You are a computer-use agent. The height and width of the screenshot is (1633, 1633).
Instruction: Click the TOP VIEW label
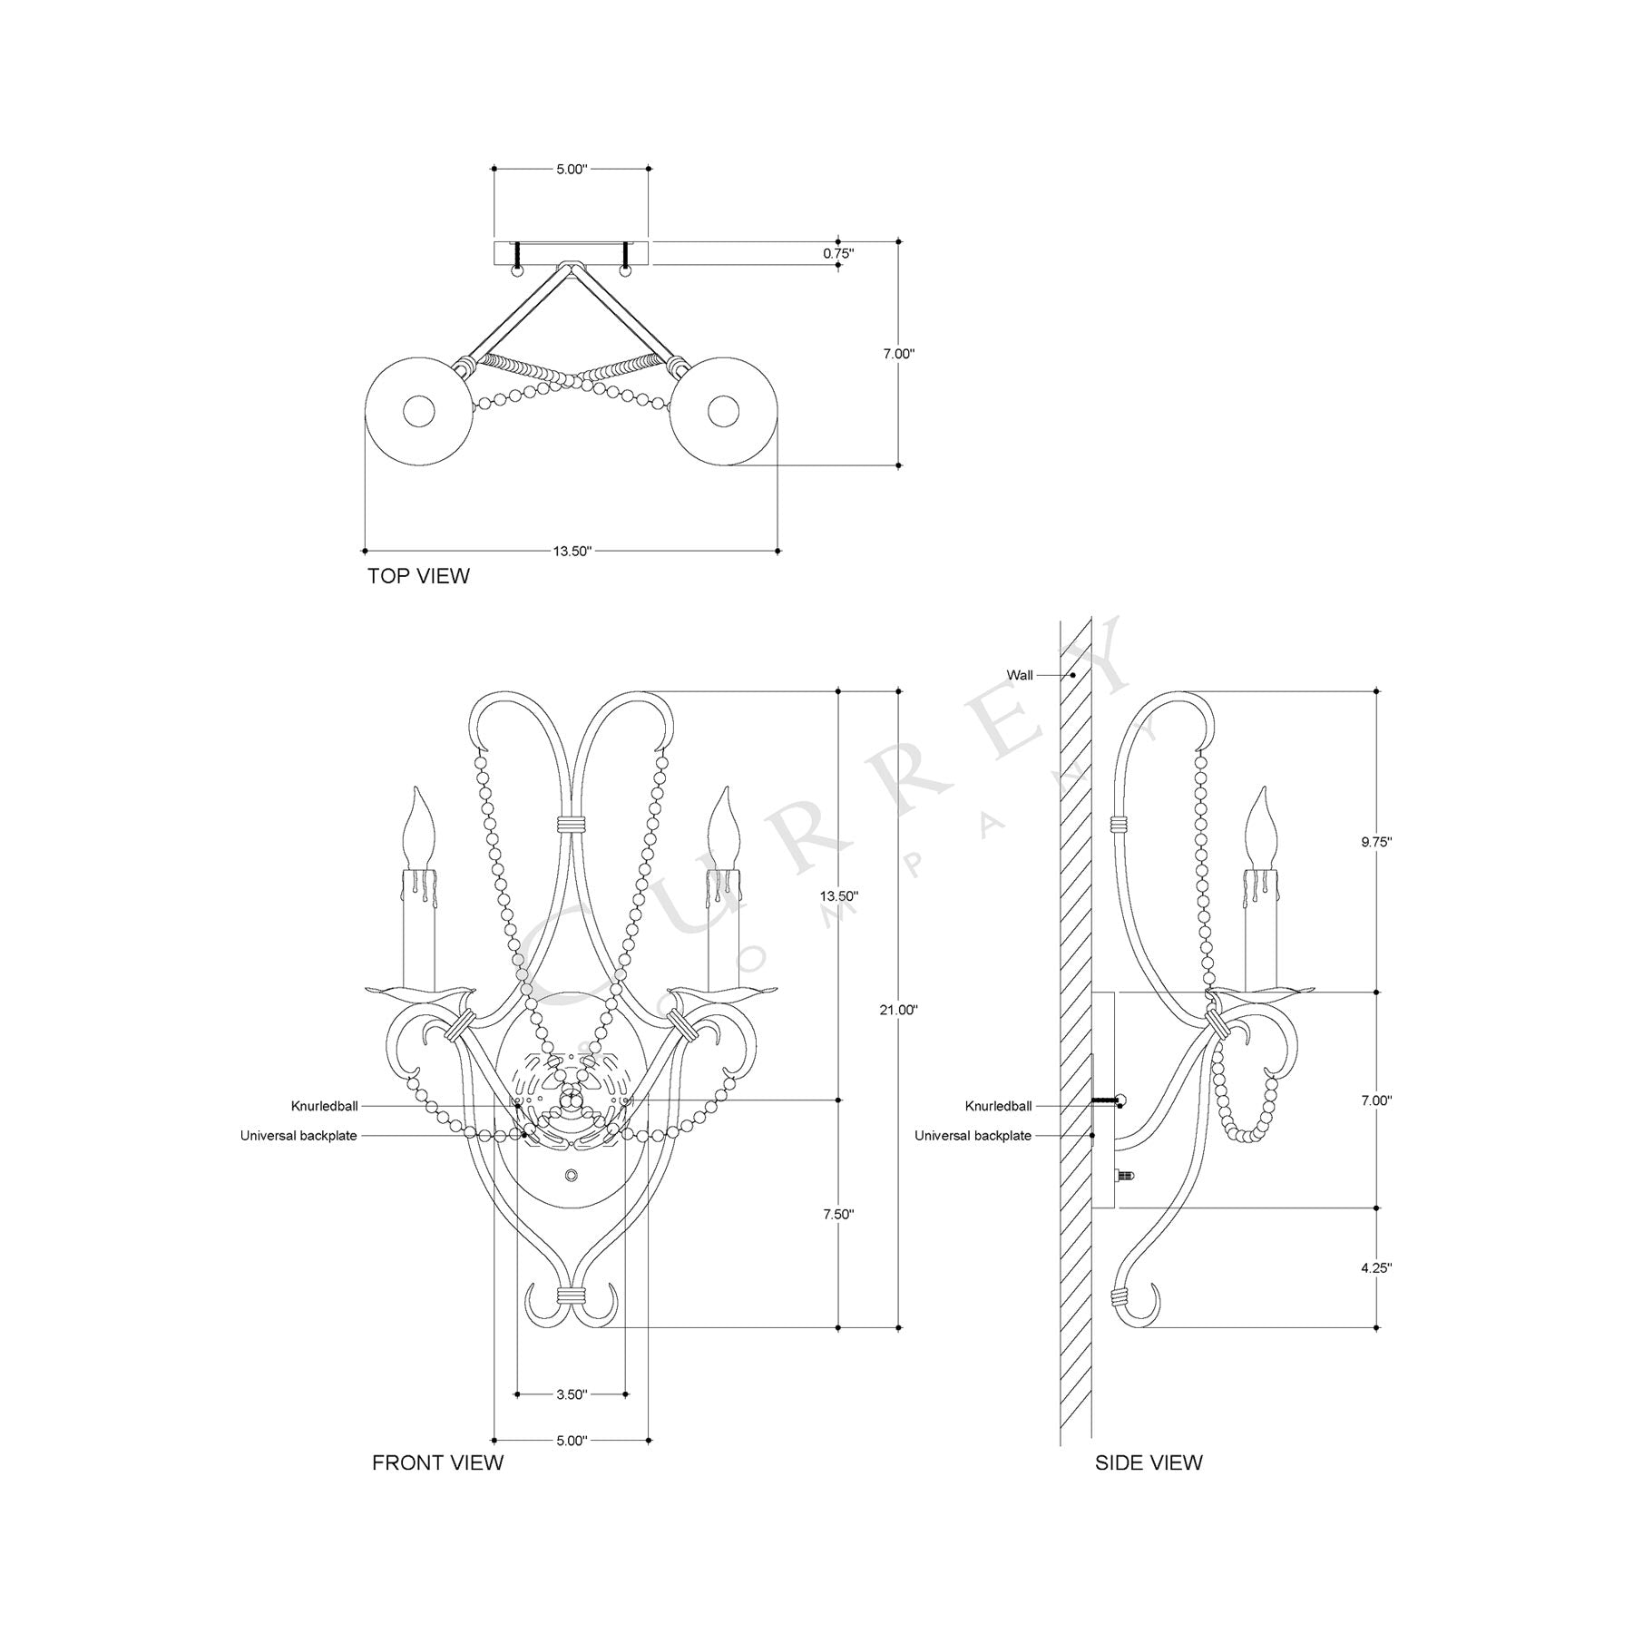coord(418,576)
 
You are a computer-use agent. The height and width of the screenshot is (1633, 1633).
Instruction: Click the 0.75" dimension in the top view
coord(838,254)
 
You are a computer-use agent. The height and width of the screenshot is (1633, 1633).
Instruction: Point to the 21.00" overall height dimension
coord(899,1010)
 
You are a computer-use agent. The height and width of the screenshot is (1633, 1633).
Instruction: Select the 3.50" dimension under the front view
coord(572,1394)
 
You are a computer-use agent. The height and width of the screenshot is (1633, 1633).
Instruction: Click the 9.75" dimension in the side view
coord(1376,841)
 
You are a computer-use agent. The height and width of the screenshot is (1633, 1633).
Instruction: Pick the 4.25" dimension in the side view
coord(1376,1268)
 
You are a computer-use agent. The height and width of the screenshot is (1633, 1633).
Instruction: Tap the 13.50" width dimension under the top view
coord(572,551)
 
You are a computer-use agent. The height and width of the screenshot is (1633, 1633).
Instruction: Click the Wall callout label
coord(1019,675)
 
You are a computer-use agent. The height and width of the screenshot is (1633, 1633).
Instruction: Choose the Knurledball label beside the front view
coord(324,1106)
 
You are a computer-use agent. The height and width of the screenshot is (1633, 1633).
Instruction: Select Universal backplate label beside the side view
coord(973,1136)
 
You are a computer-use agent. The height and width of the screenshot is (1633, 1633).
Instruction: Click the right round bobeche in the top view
coord(723,412)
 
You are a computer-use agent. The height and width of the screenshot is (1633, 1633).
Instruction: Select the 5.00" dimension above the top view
coord(572,169)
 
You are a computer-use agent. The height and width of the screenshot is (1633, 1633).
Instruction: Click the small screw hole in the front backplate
coord(571,1176)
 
